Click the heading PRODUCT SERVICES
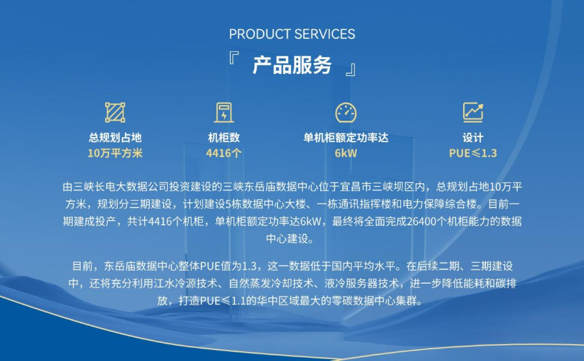coord(292,34)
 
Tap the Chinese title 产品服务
coord(292,65)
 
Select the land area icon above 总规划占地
coord(115,112)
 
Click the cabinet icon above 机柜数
coord(224,112)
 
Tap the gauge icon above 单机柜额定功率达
coord(346,112)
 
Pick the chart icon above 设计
coord(473,112)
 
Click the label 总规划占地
coord(115,138)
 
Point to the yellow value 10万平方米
coord(115,153)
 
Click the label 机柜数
coord(224,138)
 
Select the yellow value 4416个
coord(224,153)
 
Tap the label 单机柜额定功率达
coord(346,138)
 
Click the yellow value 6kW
coord(346,153)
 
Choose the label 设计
coord(473,138)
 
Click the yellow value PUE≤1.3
coord(473,153)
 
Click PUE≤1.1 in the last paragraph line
coord(223,301)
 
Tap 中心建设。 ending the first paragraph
coord(292,239)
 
